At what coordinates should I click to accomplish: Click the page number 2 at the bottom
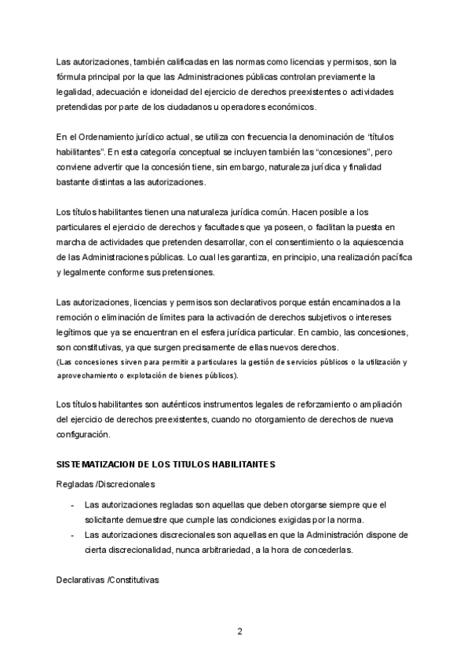click(x=239, y=631)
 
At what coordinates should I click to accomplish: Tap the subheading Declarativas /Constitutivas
click(x=108, y=580)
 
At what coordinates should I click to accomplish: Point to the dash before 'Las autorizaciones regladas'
click(x=72, y=506)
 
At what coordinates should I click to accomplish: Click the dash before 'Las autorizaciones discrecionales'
click(x=72, y=536)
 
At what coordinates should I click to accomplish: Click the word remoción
click(x=78, y=317)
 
